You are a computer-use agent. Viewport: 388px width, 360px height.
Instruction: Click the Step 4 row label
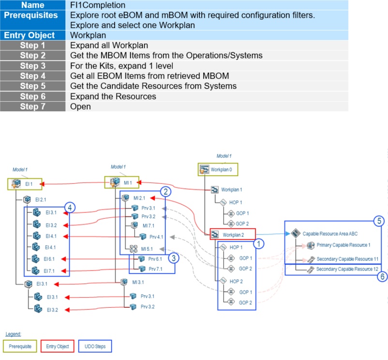click(33, 76)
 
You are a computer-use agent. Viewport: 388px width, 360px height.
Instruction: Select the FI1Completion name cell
click(207, 5)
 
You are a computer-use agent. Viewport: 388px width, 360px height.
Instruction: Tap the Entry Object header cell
click(33, 35)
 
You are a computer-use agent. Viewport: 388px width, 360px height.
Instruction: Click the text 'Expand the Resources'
click(113, 96)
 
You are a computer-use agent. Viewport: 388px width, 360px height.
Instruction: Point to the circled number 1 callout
click(258, 244)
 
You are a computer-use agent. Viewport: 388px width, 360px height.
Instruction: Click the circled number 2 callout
click(165, 192)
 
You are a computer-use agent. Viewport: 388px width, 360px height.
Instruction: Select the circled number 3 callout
click(174, 258)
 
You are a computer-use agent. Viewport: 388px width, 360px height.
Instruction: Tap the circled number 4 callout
click(70, 208)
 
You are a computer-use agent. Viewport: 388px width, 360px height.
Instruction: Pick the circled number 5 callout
click(379, 221)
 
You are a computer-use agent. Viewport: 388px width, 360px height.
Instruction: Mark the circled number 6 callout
click(382, 276)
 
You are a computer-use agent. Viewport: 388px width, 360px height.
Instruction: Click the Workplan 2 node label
click(233, 235)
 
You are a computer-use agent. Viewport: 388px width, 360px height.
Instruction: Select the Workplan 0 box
click(218, 169)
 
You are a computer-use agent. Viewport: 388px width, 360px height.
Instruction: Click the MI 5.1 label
click(147, 249)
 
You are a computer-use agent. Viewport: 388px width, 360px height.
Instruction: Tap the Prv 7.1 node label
click(155, 269)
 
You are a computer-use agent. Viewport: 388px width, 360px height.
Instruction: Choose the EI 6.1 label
click(49, 259)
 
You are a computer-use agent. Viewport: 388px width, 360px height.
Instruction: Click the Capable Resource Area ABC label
click(330, 234)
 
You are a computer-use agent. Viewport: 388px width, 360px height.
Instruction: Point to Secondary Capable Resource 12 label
click(347, 269)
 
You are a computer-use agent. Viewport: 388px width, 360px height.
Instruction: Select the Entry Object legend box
click(58, 346)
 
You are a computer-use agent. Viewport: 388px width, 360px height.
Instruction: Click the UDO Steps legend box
click(95, 346)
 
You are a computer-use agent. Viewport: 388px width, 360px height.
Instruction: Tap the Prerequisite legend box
click(20, 346)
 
